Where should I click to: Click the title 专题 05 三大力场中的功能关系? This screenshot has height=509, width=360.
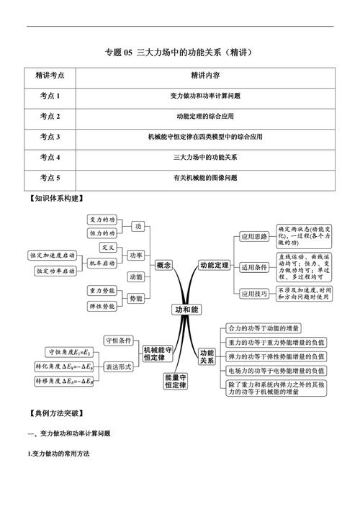coord(180,52)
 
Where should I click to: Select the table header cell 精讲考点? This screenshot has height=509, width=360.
coord(50,74)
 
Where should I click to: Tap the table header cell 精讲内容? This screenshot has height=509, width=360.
coord(205,74)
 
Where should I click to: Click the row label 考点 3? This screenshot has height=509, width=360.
coord(50,136)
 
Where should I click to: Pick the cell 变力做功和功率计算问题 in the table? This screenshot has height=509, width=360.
coord(205,95)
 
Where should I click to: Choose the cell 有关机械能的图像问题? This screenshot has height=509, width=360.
coord(205,177)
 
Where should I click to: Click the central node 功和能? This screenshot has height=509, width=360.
coord(185,309)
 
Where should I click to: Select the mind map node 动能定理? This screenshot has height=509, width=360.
coord(215,266)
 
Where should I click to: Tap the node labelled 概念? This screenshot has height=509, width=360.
coord(163,266)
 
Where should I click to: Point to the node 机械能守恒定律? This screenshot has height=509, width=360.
coord(158,353)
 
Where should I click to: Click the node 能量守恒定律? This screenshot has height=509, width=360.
coord(176,381)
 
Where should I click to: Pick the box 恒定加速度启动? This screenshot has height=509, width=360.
coord(53,256)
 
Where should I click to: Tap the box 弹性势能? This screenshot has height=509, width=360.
coord(102,306)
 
